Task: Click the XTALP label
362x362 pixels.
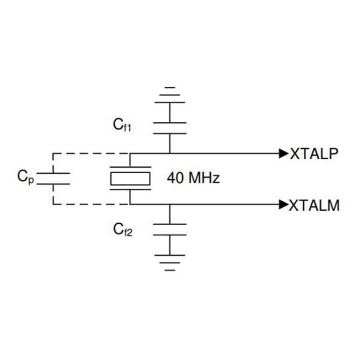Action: click(314, 153)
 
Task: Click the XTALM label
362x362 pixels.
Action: click(314, 205)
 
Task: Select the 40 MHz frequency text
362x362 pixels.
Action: click(193, 178)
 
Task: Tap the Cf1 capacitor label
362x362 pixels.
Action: click(122, 125)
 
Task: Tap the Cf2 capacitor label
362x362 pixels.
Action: click(122, 230)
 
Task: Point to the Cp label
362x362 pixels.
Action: click(25, 177)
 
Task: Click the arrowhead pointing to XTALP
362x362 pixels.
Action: click(284, 153)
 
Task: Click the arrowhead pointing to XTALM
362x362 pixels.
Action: click(284, 205)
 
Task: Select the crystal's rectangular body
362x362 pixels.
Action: click(130, 179)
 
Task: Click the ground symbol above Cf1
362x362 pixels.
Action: click(170, 95)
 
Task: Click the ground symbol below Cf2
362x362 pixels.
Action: click(170, 262)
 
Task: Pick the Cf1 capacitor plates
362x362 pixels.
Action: click(170, 128)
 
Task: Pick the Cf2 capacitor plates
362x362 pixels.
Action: click(170, 229)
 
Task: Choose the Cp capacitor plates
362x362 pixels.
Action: click(53, 179)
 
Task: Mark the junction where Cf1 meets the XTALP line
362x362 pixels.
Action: click(170, 153)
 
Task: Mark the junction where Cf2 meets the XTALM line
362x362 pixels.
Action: click(170, 205)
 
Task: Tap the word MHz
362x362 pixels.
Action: click(205, 178)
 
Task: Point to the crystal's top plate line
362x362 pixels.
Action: click(130, 167)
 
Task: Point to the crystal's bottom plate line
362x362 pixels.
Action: click(130, 189)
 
